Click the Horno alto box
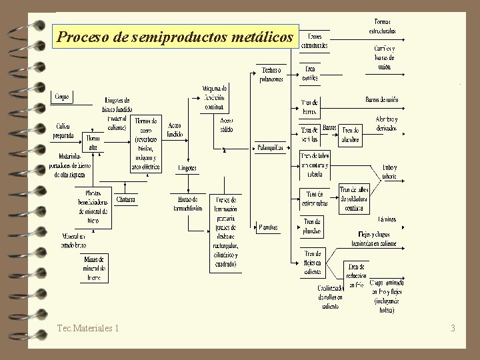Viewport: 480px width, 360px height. point(93,141)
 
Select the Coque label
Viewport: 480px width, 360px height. point(62,97)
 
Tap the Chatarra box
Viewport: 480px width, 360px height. point(125,199)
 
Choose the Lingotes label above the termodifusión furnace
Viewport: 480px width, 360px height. point(187,168)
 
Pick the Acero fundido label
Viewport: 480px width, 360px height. point(175,129)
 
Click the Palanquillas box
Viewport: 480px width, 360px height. point(271,147)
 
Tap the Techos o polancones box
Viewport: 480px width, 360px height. point(271,74)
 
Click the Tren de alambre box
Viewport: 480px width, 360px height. point(351,134)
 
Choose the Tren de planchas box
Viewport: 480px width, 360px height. point(312,227)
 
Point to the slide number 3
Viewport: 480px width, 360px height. point(453,328)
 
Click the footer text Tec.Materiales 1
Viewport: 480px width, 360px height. point(89,328)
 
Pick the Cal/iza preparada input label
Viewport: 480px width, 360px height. point(63,130)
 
